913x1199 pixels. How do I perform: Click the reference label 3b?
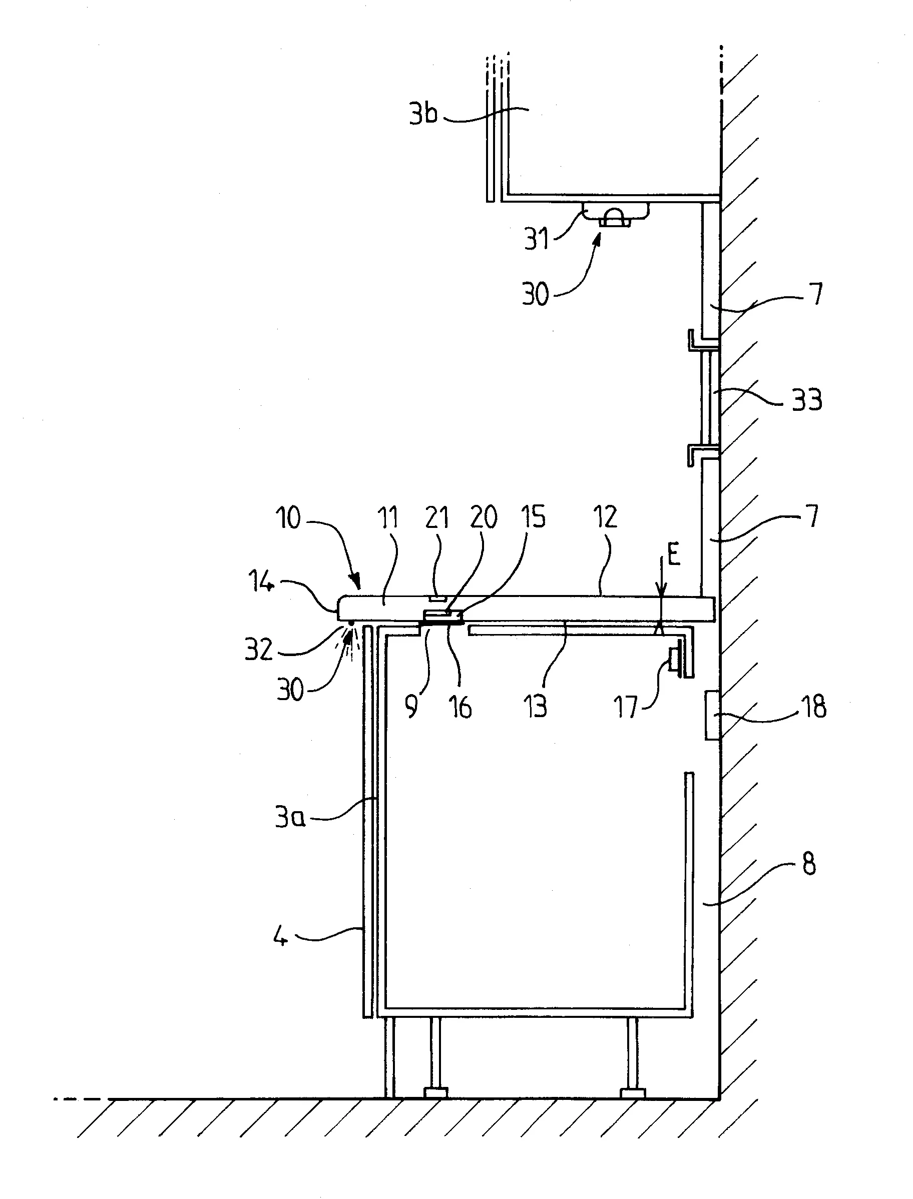click(423, 114)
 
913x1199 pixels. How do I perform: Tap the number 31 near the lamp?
click(537, 239)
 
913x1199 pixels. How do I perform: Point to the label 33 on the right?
click(806, 400)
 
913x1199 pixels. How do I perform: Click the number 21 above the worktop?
click(437, 518)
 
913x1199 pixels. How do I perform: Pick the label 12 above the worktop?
click(605, 518)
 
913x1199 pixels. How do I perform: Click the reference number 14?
click(261, 583)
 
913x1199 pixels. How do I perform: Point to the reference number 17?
click(627, 707)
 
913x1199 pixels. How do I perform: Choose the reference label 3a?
click(290, 817)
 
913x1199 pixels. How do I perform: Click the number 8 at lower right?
click(809, 863)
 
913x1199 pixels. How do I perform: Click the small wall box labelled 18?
click(712, 715)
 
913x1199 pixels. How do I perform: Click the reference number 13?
click(535, 707)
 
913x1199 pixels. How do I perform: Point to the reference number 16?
click(461, 707)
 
